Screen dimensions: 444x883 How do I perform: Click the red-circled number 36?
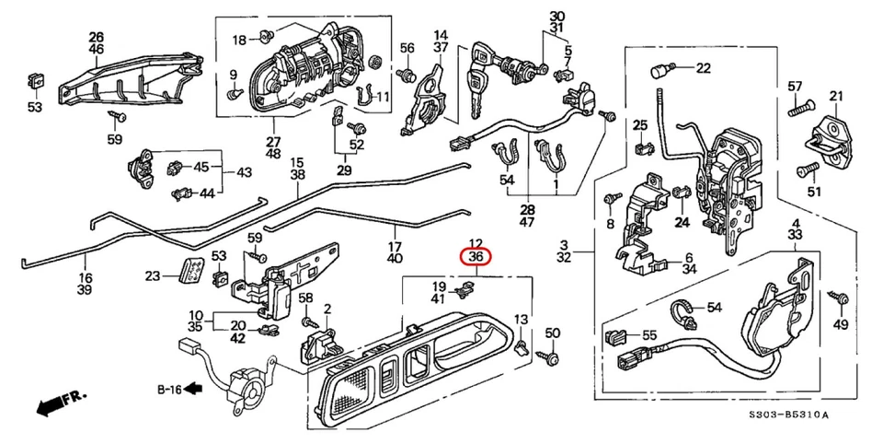[x=476, y=257]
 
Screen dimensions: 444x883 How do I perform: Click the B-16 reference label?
[x=169, y=389]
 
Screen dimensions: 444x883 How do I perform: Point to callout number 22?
[x=703, y=67]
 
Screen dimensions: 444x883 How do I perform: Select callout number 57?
[x=796, y=87]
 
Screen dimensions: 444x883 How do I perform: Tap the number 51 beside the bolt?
[x=813, y=192]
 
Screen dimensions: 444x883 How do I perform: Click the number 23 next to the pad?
[x=153, y=275]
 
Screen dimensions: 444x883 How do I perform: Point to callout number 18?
[x=239, y=40]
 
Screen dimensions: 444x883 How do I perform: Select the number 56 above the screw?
[x=407, y=47]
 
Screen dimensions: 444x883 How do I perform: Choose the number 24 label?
[x=681, y=222]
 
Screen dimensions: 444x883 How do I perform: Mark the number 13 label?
[x=521, y=319]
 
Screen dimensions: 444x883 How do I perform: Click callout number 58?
[x=305, y=298]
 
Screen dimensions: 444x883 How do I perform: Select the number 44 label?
[x=208, y=193]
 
